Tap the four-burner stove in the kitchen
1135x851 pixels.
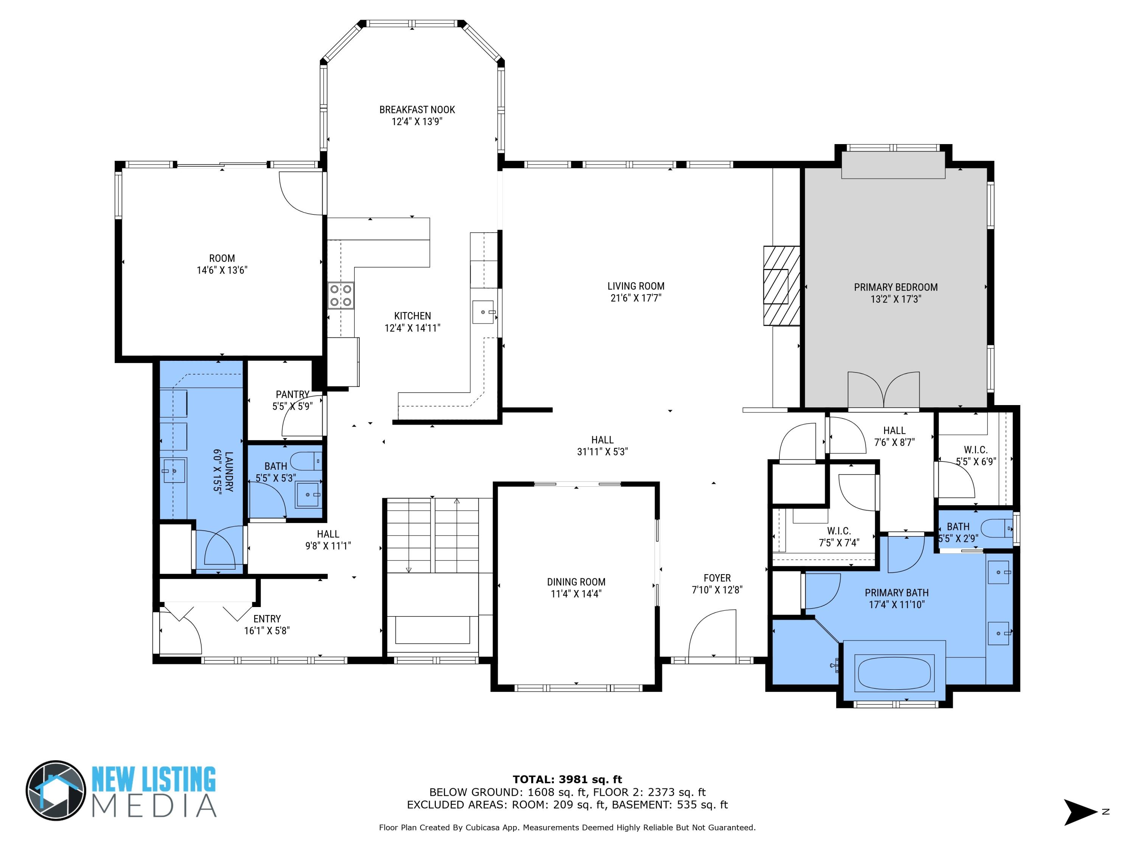(x=341, y=296)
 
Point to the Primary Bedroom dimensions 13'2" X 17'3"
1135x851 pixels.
(x=896, y=299)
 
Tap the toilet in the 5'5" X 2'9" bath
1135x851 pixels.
(x=997, y=528)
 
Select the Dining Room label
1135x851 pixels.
(x=576, y=582)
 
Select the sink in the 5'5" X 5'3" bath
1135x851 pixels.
(x=307, y=494)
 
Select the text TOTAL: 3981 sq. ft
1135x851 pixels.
(x=567, y=780)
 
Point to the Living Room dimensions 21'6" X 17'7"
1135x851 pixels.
(x=635, y=298)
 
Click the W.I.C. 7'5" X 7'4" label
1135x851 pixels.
(x=838, y=537)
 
